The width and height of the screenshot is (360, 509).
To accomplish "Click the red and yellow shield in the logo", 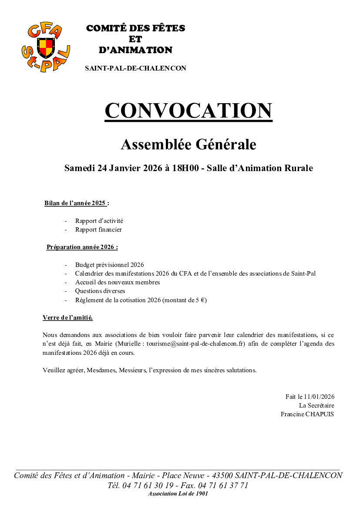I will (46, 47).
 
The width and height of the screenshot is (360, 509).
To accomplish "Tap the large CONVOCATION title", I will (188, 111).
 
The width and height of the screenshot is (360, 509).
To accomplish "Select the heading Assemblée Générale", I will (188, 144).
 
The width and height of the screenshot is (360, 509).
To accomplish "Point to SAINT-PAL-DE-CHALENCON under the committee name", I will (135, 68).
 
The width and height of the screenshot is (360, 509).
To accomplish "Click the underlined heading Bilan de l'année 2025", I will (77, 203).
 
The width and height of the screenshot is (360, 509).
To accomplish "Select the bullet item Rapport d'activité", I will (99, 221).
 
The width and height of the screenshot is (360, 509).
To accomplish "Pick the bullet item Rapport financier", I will (98, 229).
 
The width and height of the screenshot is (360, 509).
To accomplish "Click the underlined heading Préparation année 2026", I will (82, 247).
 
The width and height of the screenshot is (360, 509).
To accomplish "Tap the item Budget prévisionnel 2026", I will (109, 265).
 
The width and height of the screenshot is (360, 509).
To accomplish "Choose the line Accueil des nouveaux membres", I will (117, 282).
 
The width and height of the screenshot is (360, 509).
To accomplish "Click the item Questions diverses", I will (100, 291).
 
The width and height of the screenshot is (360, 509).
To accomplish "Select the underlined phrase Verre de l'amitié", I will (67, 318).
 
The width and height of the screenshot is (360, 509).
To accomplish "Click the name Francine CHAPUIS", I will (307, 414).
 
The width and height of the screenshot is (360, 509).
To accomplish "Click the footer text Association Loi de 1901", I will (178, 494).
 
